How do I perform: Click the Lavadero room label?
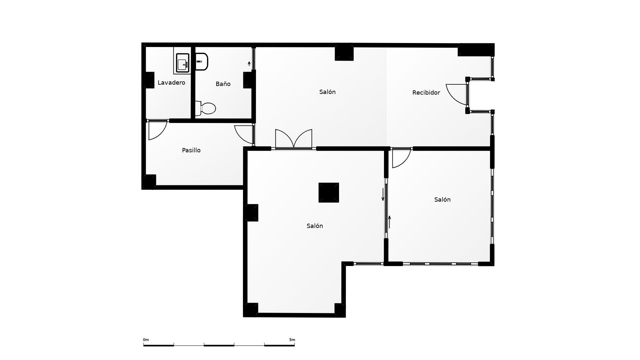pyautogui.click(x=171, y=83)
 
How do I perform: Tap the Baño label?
pyautogui.click(x=223, y=84)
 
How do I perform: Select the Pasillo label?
pyautogui.click(x=191, y=150)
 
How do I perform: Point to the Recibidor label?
pyautogui.click(x=426, y=93)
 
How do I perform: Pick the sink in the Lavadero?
pyautogui.click(x=182, y=63)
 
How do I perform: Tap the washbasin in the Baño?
pyautogui.click(x=201, y=62)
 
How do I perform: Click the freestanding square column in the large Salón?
pyautogui.click(x=329, y=193)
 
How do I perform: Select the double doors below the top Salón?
pyautogui.click(x=294, y=139)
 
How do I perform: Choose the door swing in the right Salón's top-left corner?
pyautogui.click(x=400, y=158)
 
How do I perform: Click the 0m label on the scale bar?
pyautogui.click(x=146, y=340)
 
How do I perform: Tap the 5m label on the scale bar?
pyautogui.click(x=292, y=340)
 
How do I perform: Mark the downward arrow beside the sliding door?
pyautogui.click(x=383, y=195)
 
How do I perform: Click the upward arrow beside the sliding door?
pyautogui.click(x=389, y=222)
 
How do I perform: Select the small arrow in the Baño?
pyautogui.click(x=249, y=63)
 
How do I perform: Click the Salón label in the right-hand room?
pyautogui.click(x=442, y=200)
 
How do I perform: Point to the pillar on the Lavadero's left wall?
pyautogui.click(x=149, y=80)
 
